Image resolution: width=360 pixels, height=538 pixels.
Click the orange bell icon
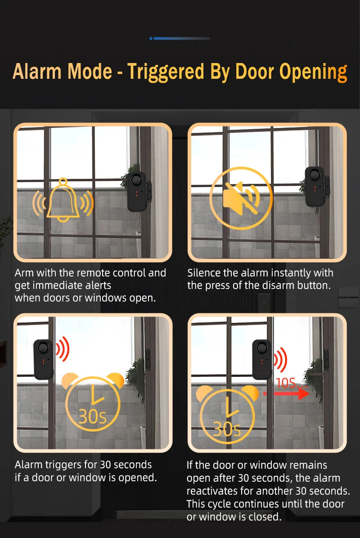coord(63,200)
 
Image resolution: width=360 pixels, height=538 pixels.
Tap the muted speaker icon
coord(241,199)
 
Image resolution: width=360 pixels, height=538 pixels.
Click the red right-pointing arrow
coord(286,393)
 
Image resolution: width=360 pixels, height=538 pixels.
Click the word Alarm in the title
coord(37,72)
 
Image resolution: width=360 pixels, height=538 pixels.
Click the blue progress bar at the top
coord(180,38)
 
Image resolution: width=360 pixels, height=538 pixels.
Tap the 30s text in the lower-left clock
coord(93,416)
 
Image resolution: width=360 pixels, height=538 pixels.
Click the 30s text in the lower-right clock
coord(227,429)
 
